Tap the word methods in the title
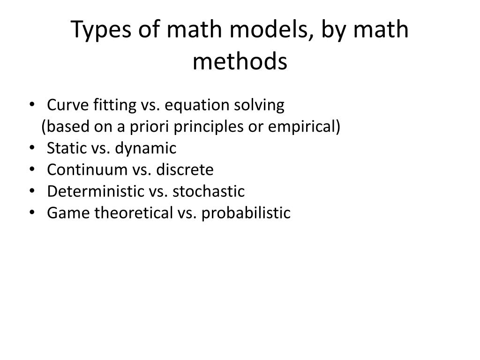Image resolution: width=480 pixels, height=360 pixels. [240, 61]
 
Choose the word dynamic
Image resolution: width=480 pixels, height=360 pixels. [146, 149]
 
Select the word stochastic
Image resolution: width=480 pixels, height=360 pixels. [209, 191]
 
